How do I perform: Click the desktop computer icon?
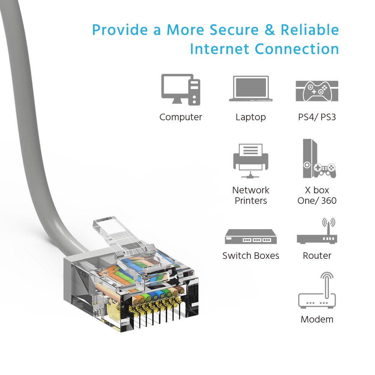pyautogui.click(x=181, y=90)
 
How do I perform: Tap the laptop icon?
pyautogui.click(x=250, y=89)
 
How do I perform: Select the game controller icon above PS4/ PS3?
pyautogui.click(x=317, y=91)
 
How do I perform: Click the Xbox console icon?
pyautogui.click(x=319, y=159)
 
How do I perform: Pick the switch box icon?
pyautogui.click(x=250, y=237)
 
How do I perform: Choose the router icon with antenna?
pyautogui.click(x=317, y=231)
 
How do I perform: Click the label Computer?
pyautogui.click(x=181, y=117)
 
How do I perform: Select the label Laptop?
pyautogui.click(x=250, y=117)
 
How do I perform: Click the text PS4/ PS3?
pyautogui.click(x=317, y=117)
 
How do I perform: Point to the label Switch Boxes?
pyautogui.click(x=250, y=256)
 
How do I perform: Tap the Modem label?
pyautogui.click(x=317, y=319)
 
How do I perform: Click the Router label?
pyautogui.click(x=317, y=256)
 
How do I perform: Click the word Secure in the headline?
pyautogui.click(x=234, y=30)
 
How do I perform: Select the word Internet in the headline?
pyautogui.click(x=219, y=49)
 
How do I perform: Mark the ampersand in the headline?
pyautogui.click(x=270, y=30)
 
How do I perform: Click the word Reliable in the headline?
pyautogui.click(x=310, y=30)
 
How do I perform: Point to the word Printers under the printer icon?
pyautogui.click(x=250, y=201)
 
